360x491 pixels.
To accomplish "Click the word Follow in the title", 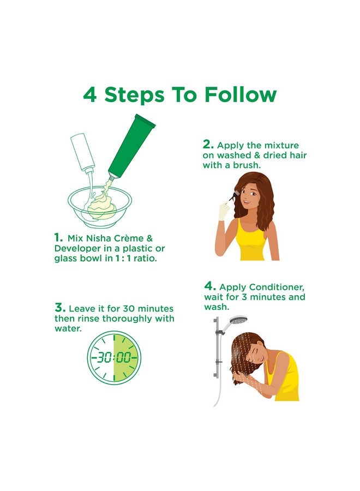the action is click(241, 94).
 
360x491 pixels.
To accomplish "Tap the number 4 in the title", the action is click(90, 94).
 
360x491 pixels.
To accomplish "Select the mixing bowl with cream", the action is click(100, 206).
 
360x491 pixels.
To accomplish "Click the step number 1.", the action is click(58, 237).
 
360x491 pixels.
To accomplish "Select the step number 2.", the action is click(208, 145).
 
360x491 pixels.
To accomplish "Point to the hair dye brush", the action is click(232, 197).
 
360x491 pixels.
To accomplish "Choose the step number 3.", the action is click(60, 308).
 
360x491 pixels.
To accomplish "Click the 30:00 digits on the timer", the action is click(114, 357).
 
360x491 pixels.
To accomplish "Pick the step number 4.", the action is click(210, 286).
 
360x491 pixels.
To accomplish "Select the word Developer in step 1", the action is click(75, 249).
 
